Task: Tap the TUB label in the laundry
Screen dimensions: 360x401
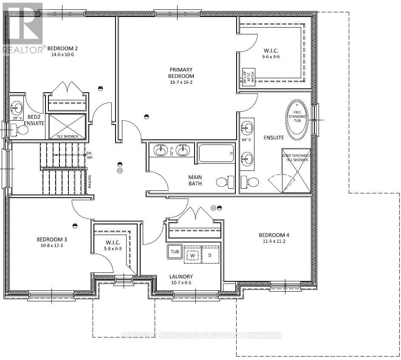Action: [x=174, y=251]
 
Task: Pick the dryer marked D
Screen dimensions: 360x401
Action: [x=209, y=255]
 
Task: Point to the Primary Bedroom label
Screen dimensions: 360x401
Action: [x=181, y=73]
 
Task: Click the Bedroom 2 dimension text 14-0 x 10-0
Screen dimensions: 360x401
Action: [x=62, y=55]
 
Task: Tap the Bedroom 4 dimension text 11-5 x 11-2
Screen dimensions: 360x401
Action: [x=274, y=242]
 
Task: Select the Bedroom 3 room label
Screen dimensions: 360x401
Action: [x=51, y=239]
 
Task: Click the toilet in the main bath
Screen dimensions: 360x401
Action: [x=225, y=182]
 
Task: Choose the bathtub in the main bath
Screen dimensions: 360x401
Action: [x=216, y=153]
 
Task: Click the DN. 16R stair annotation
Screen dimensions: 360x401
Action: [x=89, y=156]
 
